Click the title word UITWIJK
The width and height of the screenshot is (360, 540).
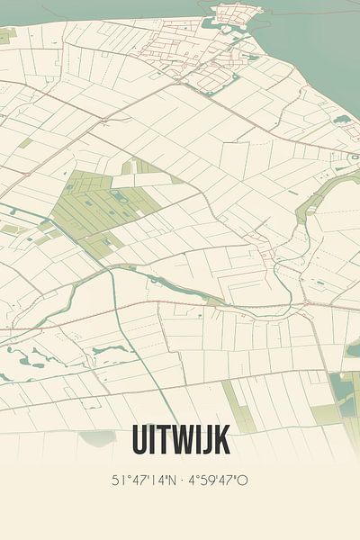[x=180, y=440]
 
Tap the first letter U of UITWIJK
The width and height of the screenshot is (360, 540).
[x=141, y=440]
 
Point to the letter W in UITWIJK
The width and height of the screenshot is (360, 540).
[x=184, y=440]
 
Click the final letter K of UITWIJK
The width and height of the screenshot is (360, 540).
[x=221, y=440]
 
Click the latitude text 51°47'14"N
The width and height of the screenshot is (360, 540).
[x=145, y=481]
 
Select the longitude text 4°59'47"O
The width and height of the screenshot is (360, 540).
[x=217, y=481]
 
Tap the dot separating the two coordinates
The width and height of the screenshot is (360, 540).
[x=181, y=481]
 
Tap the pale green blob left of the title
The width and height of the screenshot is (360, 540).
[x=97, y=437]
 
